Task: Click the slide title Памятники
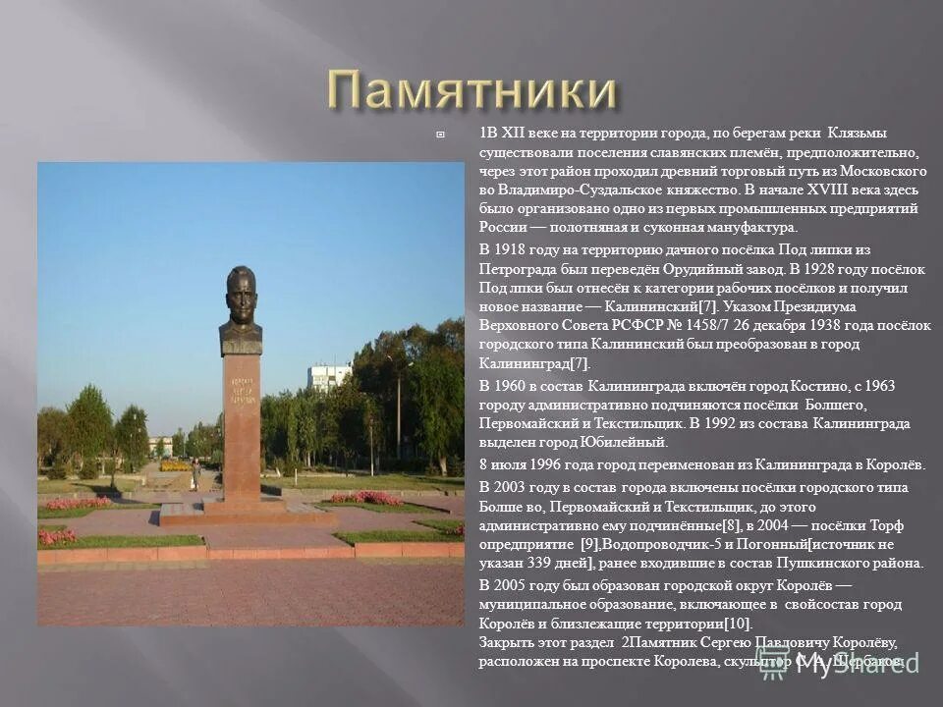click(471, 90)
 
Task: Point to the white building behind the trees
click(329, 376)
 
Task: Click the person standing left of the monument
click(196, 475)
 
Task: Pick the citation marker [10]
click(736, 624)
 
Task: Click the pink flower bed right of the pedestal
click(363, 498)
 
